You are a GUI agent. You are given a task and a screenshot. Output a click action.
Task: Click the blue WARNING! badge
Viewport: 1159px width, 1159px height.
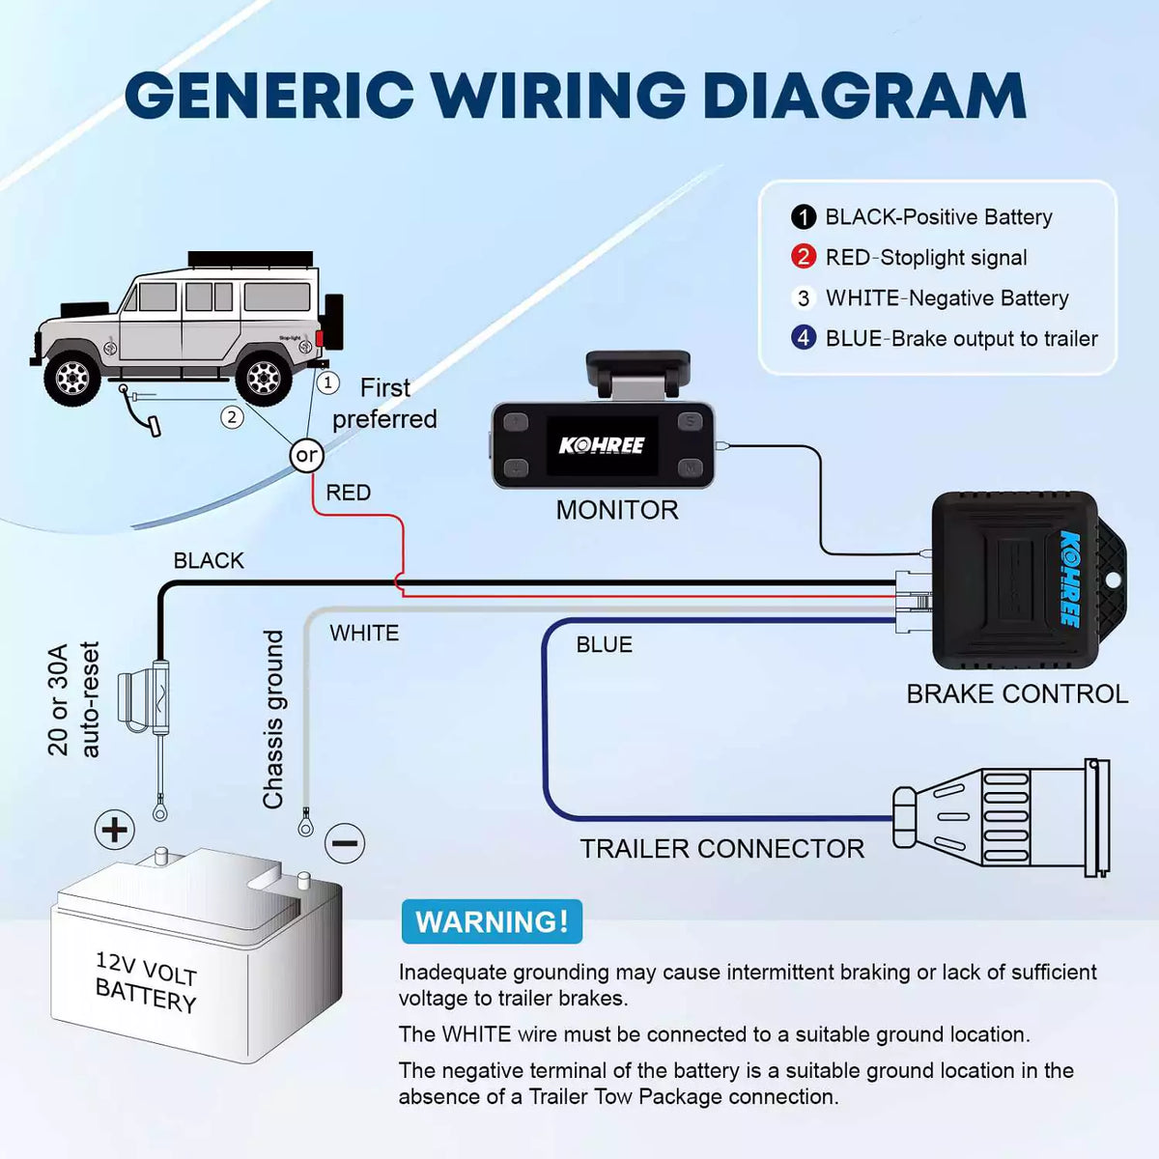tap(492, 921)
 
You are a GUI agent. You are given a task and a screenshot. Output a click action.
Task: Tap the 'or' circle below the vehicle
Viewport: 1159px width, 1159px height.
tap(306, 455)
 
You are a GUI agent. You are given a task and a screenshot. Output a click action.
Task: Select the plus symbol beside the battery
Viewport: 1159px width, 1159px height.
tap(114, 829)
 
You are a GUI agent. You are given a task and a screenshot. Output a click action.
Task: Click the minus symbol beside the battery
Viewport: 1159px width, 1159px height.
tap(345, 843)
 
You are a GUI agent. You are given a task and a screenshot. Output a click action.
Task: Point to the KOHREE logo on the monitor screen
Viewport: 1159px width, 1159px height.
tap(602, 445)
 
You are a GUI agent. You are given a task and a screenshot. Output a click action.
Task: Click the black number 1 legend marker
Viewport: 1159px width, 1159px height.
tap(803, 217)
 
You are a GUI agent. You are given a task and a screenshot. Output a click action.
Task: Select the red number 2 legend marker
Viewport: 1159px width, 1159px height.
tap(803, 258)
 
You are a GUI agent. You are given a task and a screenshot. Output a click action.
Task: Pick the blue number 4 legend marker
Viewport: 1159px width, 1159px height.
tap(803, 338)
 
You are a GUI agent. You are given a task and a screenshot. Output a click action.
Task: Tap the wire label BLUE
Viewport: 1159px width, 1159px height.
tap(604, 645)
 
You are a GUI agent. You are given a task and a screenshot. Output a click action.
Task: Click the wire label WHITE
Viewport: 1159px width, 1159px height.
tap(364, 634)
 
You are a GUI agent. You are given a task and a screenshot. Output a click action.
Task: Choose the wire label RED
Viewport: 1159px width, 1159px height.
tap(348, 493)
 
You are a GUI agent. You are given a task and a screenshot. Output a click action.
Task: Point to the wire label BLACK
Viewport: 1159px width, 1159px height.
tap(209, 561)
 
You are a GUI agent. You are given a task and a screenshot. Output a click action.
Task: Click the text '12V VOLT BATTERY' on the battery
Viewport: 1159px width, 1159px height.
tap(146, 981)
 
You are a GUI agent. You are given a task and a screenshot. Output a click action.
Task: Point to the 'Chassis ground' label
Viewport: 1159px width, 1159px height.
tap(273, 720)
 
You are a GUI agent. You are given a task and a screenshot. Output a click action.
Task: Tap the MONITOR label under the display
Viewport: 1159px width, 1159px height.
tap(617, 510)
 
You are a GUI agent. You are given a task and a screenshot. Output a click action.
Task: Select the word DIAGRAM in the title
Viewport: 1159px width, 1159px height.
tap(863, 96)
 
